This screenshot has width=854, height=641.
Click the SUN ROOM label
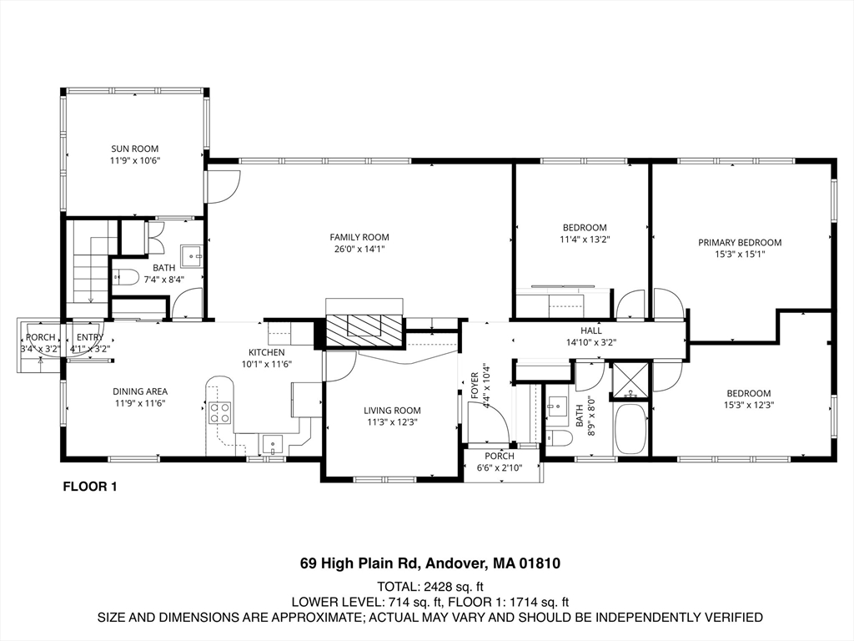pos(134,149)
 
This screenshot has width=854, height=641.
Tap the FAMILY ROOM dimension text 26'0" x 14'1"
pos(359,249)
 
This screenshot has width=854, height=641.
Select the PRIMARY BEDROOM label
pos(740,243)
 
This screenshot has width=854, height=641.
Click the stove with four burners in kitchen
pos(219,412)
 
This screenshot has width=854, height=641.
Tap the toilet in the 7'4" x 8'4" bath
pos(125,278)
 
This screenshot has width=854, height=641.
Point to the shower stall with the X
pos(631,380)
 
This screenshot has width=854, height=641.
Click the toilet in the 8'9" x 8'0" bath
pos(559,437)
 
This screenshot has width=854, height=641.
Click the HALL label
pos(591,331)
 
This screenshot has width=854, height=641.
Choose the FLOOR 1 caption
pos(90,487)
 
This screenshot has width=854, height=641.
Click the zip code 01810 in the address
pos(540,563)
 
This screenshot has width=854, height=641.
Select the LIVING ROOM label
pos(392,411)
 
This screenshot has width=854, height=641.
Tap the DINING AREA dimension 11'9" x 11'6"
pos(140,403)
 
